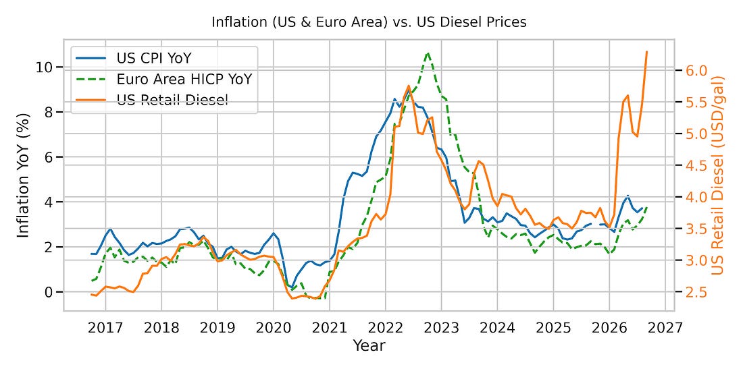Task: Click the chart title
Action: click(x=369, y=22)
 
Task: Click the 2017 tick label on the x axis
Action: click(x=105, y=327)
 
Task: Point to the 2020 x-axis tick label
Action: click(x=273, y=327)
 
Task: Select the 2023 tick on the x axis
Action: click(x=440, y=327)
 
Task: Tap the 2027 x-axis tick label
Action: click(x=665, y=327)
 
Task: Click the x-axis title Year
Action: click(x=369, y=345)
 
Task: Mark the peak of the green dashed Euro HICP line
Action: click(x=428, y=53)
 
